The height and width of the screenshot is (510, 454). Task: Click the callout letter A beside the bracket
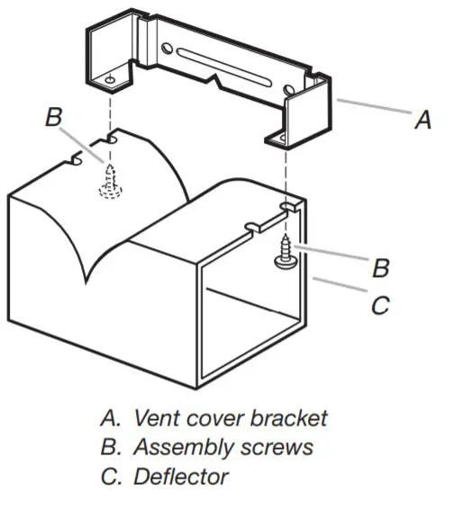coord(422,120)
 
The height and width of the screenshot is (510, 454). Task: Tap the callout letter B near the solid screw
coord(381,267)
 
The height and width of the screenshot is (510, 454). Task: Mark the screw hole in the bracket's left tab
coord(109,79)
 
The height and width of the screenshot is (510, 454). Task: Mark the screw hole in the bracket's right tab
coord(287,137)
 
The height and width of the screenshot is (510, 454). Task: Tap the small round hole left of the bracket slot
coord(166,49)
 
